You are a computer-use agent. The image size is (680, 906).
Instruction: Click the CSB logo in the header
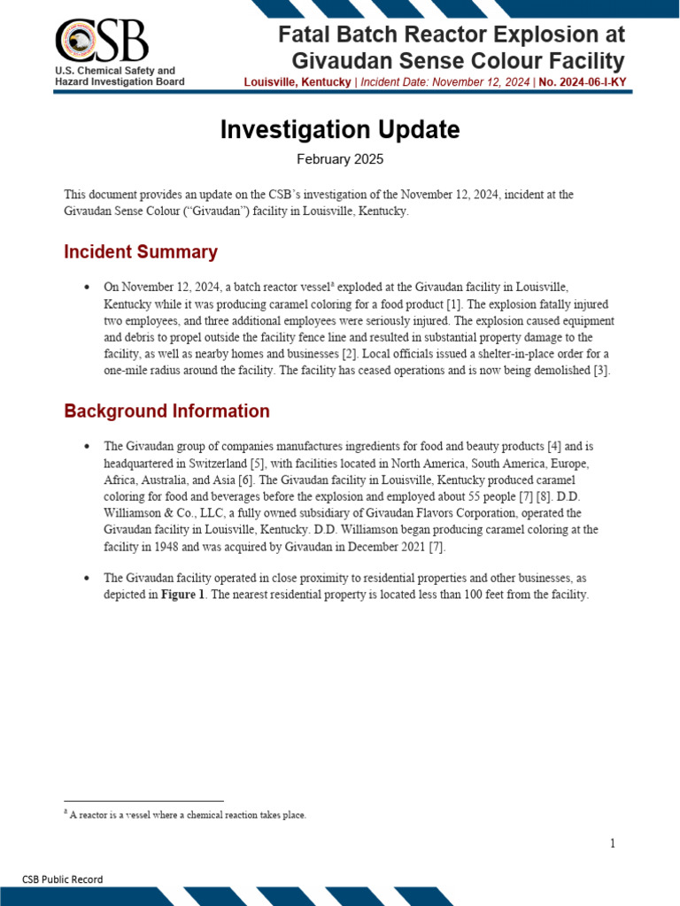point(101,40)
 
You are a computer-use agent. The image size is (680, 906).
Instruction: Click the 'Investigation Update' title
point(340,130)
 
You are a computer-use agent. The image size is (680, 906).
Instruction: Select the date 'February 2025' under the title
point(340,159)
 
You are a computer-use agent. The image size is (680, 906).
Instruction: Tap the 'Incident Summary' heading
point(141,252)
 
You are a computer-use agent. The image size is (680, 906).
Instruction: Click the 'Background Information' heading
point(166,411)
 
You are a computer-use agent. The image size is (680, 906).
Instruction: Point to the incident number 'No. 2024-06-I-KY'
point(583,81)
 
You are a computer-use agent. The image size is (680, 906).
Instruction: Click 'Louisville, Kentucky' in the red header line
point(297,81)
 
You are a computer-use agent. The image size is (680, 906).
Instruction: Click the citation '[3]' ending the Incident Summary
point(601,371)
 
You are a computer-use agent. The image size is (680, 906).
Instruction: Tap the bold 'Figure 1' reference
point(183,595)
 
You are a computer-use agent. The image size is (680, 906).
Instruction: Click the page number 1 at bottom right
point(612,843)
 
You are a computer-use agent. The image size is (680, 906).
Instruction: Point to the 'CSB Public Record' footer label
point(62,879)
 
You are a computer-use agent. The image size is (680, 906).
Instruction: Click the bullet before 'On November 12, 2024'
point(86,288)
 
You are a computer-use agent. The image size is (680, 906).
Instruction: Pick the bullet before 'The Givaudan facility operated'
point(86,578)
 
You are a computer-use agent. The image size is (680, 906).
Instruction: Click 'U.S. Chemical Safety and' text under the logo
point(115,70)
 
